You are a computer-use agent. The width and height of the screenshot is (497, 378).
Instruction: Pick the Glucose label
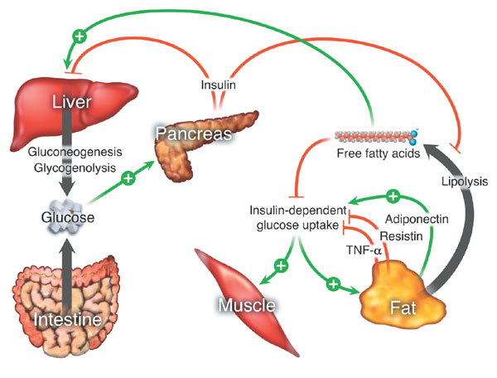tap(64, 218)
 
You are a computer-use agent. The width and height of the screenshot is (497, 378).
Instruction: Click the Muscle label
tap(246, 307)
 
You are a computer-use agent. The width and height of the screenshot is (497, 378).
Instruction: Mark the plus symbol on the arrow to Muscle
tap(281, 266)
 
